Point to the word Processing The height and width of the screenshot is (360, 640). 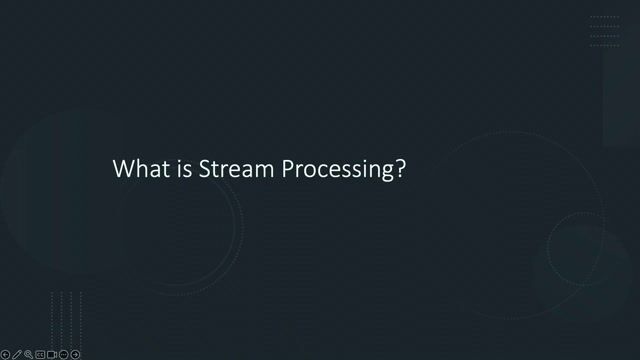click(337, 170)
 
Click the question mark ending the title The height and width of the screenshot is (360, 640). click(400, 169)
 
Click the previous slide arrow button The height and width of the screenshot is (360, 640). click(5, 354)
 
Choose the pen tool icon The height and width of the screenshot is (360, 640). click(17, 354)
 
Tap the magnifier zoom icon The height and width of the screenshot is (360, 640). click(29, 354)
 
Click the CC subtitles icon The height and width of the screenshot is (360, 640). click(40, 354)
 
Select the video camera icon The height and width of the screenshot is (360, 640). click(52, 354)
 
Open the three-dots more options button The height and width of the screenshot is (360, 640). click(63, 354)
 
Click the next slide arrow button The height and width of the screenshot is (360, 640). click(75, 354)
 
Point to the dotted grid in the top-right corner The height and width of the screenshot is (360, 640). click(604, 31)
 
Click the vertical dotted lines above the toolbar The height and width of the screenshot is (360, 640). click(66, 315)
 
